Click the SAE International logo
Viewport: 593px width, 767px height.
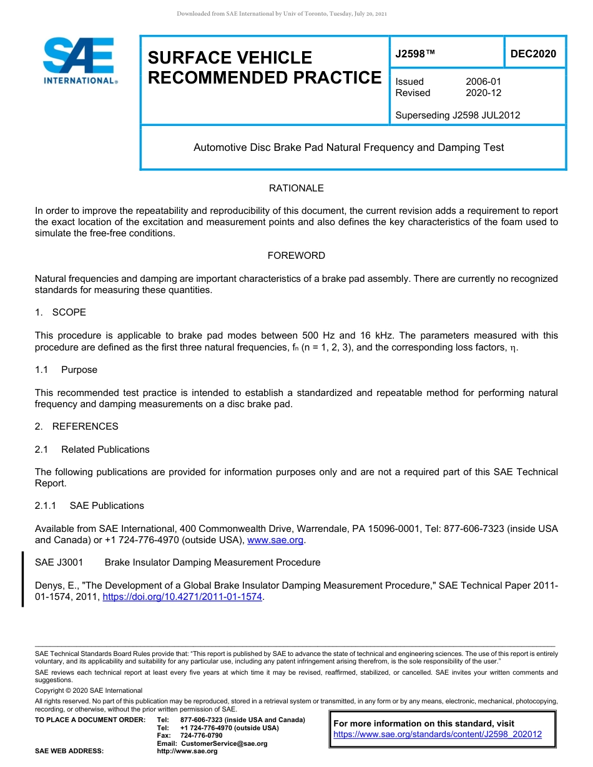tap(79, 60)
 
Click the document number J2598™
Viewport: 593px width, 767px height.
tap(415, 54)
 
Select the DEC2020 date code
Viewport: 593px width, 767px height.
tap(533, 54)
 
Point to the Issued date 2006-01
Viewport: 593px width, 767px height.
tap(483, 82)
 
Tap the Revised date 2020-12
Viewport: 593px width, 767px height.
tap(483, 93)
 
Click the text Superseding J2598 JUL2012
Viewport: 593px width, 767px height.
tap(458, 115)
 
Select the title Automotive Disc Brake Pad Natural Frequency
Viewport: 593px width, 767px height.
tap(348, 148)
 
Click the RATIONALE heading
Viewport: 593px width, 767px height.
tap(296, 188)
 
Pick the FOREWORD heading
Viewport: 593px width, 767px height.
tap(296, 256)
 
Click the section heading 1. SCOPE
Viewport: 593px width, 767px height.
tap(61, 312)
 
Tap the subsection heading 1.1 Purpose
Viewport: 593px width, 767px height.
tap(66, 370)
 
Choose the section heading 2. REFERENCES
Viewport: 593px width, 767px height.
tap(76, 427)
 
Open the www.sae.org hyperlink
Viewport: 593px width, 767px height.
tap(275, 540)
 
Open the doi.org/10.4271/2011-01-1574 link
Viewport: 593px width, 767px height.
tap(182, 597)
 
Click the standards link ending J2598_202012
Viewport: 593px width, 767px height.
tap(438, 735)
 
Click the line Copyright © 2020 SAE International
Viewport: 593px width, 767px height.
tap(89, 690)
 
